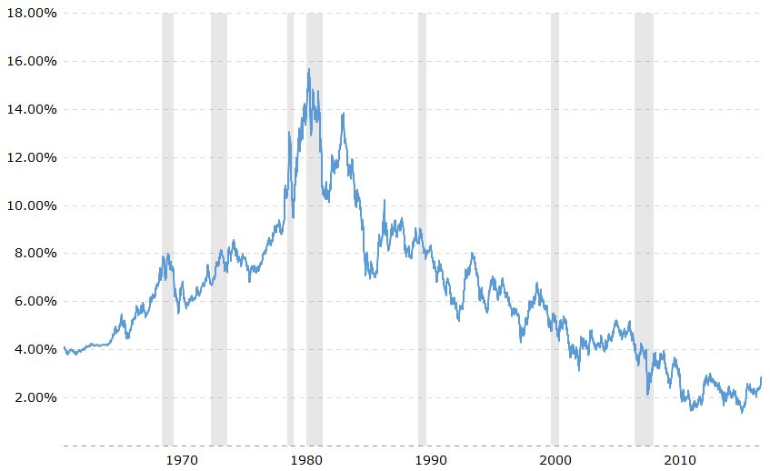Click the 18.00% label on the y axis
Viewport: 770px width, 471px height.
29,13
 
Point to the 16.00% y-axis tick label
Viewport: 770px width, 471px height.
29,61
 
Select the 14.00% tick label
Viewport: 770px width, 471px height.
29,109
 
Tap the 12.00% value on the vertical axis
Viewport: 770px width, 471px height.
29,157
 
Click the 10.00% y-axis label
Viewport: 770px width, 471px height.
29,205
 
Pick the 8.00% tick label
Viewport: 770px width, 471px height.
33,254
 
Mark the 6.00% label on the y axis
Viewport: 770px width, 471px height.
33,301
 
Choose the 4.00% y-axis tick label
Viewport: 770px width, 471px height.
33,349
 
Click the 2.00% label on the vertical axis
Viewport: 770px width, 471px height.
33,397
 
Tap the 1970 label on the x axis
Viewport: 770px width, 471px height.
184,460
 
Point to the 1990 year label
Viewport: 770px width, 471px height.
432,460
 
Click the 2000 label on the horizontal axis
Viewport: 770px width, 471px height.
556,460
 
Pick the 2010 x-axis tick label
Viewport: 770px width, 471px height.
680,460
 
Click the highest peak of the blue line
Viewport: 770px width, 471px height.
309,69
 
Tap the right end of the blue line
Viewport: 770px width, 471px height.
761,377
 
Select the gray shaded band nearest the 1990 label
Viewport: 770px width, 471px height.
422,227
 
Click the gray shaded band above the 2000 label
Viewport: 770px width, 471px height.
555,227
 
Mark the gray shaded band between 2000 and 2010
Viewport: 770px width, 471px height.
644,227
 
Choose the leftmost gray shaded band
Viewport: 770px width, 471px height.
167,227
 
